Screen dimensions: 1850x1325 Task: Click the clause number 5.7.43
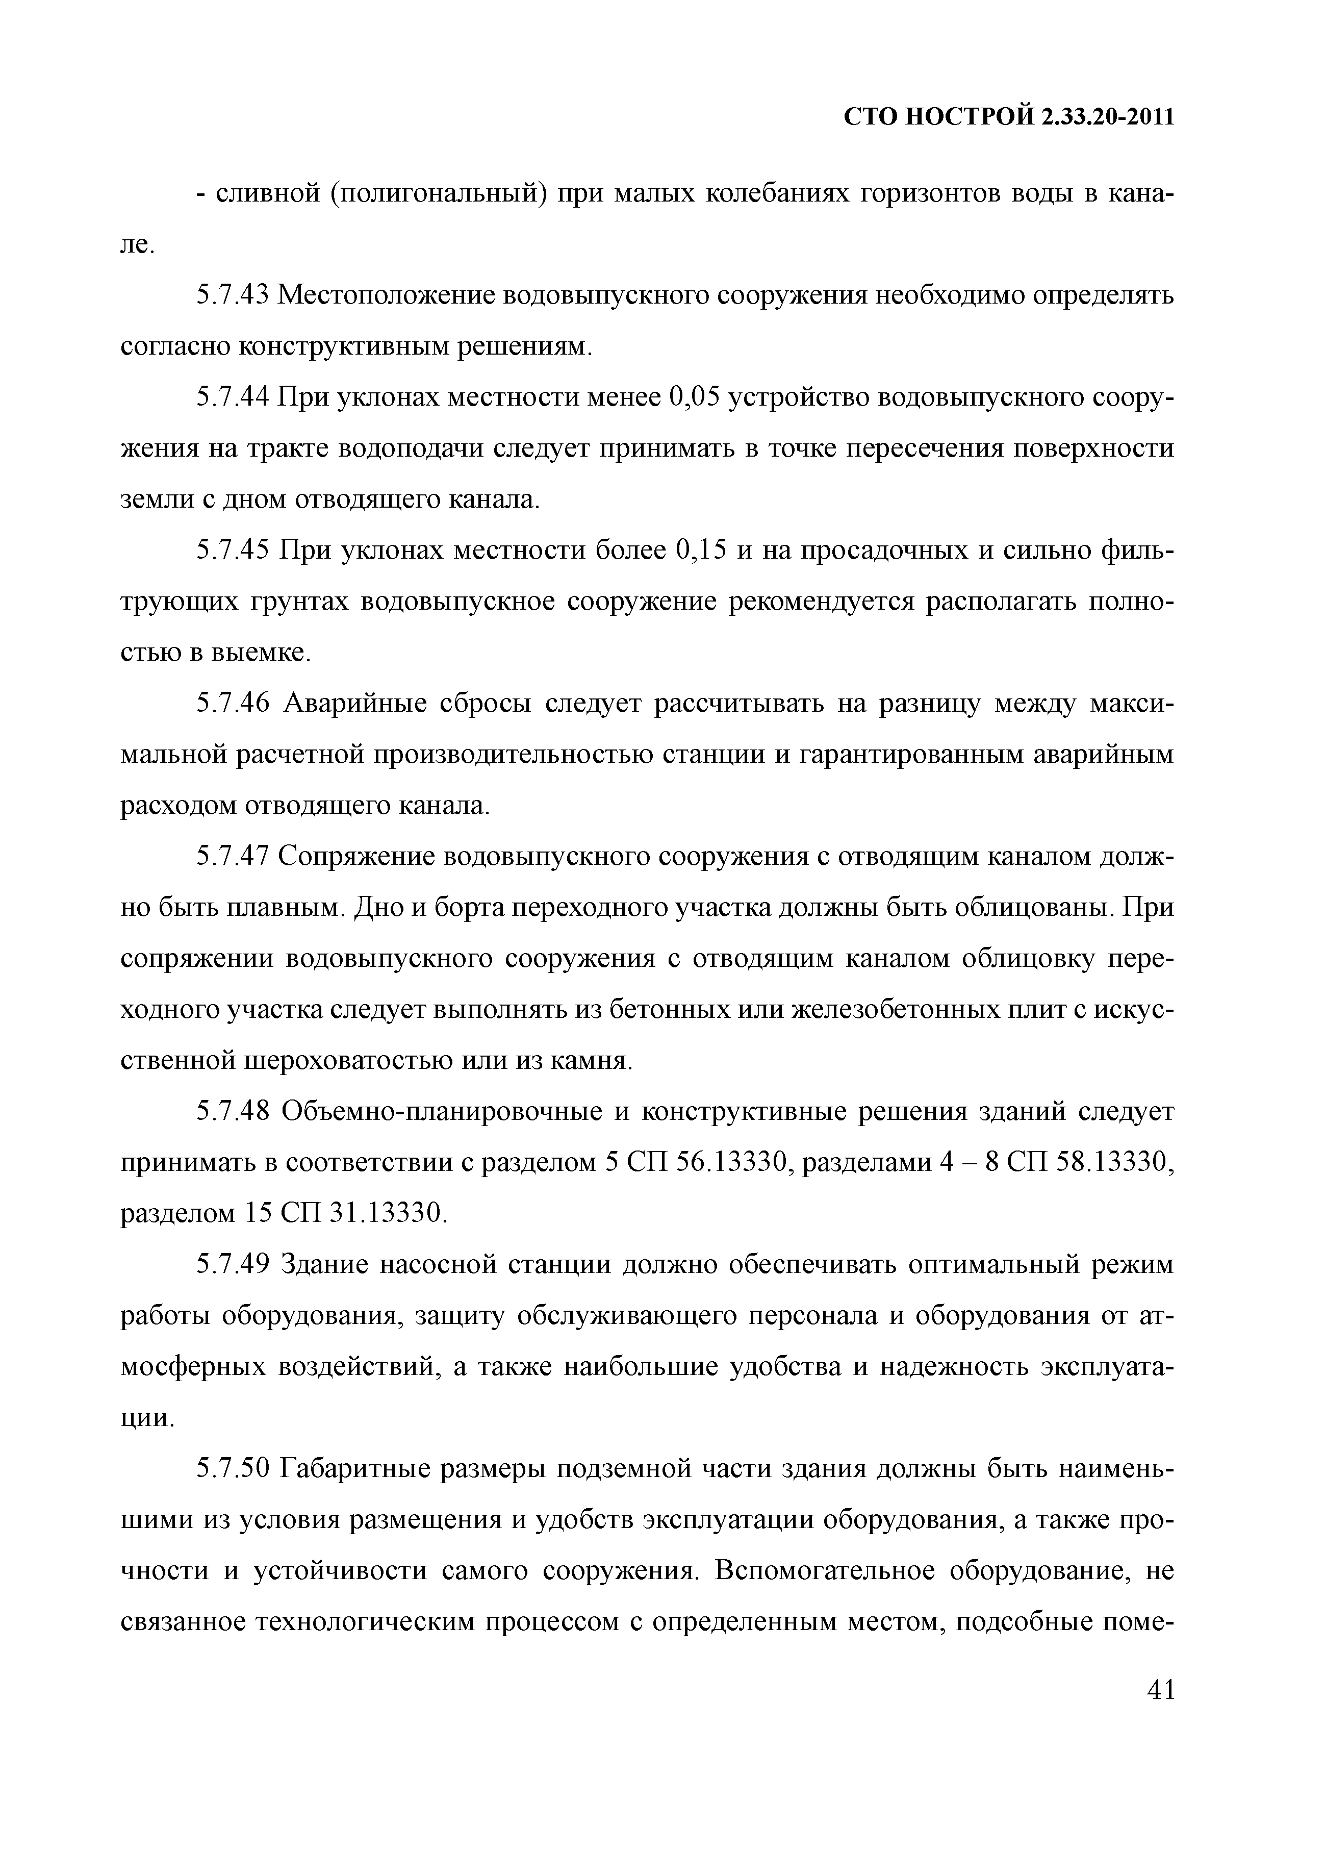pyautogui.click(x=233, y=295)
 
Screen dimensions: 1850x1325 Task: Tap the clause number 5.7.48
pyautogui.click(x=233, y=1111)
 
